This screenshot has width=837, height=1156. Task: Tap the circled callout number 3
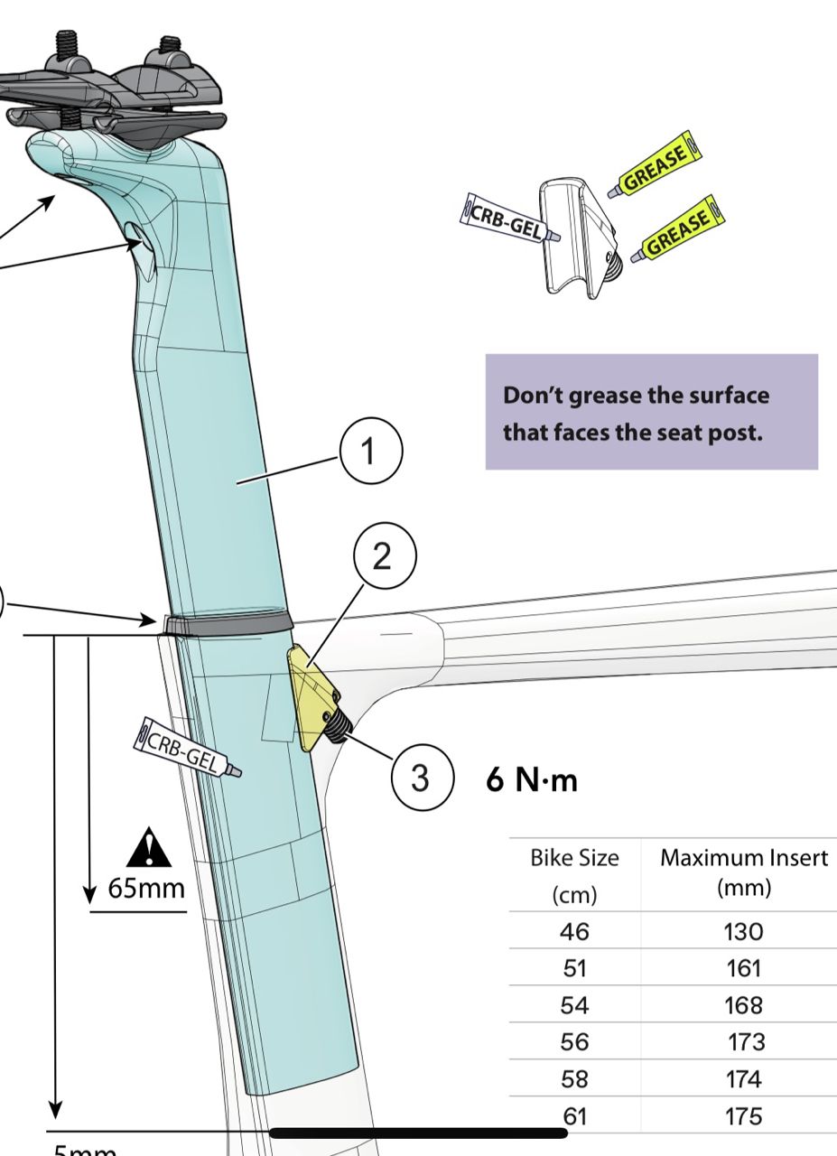point(421,778)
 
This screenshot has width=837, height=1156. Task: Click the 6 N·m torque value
point(532,779)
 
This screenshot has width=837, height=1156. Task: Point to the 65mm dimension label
point(146,888)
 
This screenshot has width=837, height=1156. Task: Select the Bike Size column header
point(574,872)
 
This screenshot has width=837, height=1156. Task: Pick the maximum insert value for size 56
point(746,1041)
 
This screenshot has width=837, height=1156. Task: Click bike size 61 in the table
point(574,1116)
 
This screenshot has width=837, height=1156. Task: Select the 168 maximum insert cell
point(743,1005)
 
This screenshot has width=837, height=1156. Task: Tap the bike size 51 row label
point(574,968)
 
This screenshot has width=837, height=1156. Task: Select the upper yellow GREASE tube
point(655,164)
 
